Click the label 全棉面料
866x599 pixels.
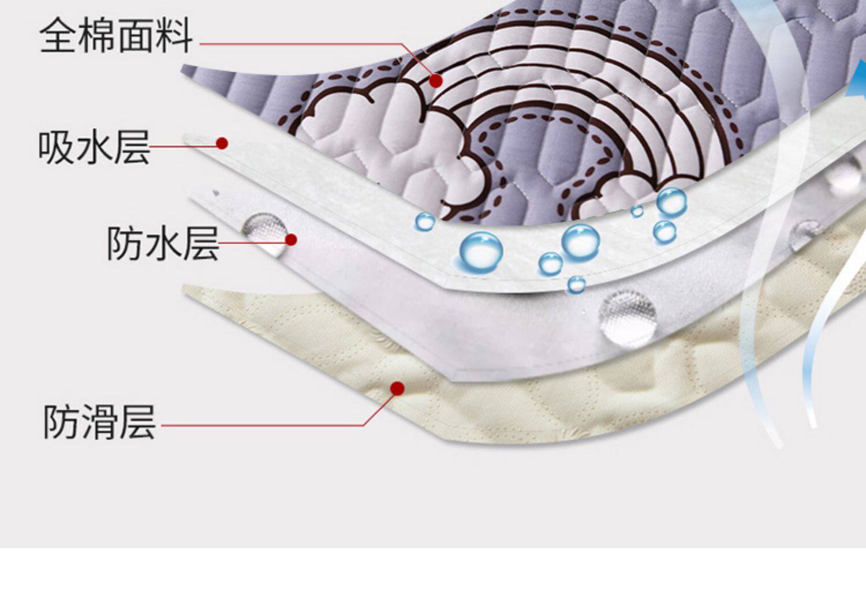[x=116, y=36]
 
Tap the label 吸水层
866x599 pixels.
[x=94, y=147]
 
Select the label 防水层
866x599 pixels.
[x=163, y=243]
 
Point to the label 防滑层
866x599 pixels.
[x=99, y=422]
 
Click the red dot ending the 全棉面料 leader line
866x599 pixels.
[x=436, y=81]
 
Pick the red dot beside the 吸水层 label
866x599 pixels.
[x=222, y=143]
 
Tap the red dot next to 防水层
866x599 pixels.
[x=291, y=239]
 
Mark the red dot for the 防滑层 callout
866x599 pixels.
[x=397, y=388]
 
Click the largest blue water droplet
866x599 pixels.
[x=480, y=252]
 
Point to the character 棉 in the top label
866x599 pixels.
[x=97, y=36]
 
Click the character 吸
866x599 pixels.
[x=56, y=147]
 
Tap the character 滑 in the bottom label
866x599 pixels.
[x=99, y=422]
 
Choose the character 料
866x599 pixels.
[x=174, y=36]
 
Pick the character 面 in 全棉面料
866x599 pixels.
[x=135, y=36]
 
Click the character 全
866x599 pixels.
[x=58, y=36]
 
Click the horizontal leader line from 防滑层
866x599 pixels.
[x=260, y=426]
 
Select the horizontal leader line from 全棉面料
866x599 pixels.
[x=300, y=44]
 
